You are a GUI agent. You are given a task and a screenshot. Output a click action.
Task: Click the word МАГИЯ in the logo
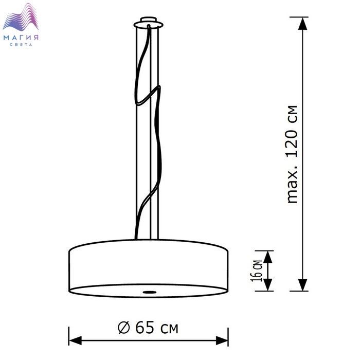pyautogui.click(x=21, y=37)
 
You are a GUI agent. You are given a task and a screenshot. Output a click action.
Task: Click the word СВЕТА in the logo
pyautogui.click(x=21, y=45)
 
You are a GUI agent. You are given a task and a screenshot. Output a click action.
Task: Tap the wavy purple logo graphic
pyautogui.click(x=21, y=17)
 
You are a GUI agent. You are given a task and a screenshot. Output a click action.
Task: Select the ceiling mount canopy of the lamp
pyautogui.click(x=149, y=23)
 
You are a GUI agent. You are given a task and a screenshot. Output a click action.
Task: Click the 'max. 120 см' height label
pyautogui.click(x=292, y=154)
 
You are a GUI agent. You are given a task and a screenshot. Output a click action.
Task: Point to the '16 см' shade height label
pyautogui.click(x=256, y=271)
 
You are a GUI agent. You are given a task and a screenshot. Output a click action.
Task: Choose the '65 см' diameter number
pyautogui.click(x=156, y=328)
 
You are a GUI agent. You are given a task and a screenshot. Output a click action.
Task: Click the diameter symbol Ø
pyautogui.click(x=124, y=328)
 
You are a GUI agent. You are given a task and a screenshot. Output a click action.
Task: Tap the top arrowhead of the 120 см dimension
pyautogui.click(x=302, y=24)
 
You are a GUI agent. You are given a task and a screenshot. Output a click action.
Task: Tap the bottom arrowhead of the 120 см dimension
pyautogui.click(x=302, y=285)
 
